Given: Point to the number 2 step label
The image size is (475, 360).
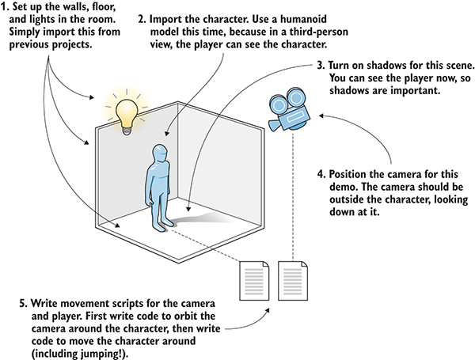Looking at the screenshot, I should pos(141,17).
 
